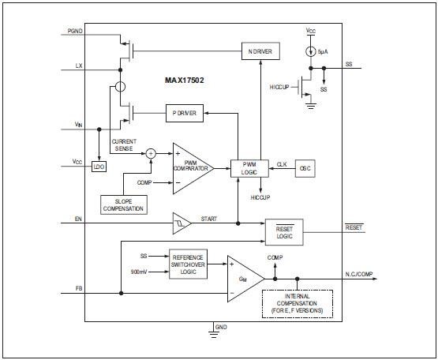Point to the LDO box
click(99, 167)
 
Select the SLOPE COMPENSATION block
click(123, 204)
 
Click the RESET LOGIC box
click(284, 231)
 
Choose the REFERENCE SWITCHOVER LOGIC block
click(189, 264)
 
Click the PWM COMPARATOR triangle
click(189, 167)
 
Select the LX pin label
click(77, 66)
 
